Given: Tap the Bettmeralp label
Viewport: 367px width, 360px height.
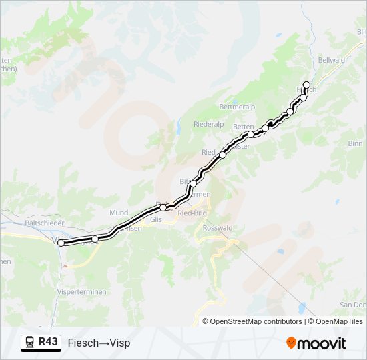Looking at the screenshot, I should click(x=238, y=107).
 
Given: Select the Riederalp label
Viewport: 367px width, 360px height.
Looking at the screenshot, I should click(x=208, y=125).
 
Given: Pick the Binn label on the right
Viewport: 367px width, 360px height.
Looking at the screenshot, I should click(x=355, y=143).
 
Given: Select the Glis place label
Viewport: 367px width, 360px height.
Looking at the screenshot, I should click(x=156, y=219).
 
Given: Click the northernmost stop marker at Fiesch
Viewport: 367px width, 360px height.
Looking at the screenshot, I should click(x=306, y=85).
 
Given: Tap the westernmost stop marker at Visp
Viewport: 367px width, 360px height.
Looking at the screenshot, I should click(x=61, y=243).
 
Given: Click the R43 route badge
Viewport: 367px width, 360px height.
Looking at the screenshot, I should click(x=48, y=342).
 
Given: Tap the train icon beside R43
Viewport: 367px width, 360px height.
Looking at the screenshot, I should click(x=30, y=343).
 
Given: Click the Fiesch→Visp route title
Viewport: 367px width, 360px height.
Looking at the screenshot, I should click(x=99, y=343).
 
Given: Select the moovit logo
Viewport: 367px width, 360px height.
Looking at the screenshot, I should click(x=316, y=343).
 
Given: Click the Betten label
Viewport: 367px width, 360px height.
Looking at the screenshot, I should click(x=243, y=127).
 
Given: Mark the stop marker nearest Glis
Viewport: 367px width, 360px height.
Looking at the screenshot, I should click(x=163, y=207).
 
